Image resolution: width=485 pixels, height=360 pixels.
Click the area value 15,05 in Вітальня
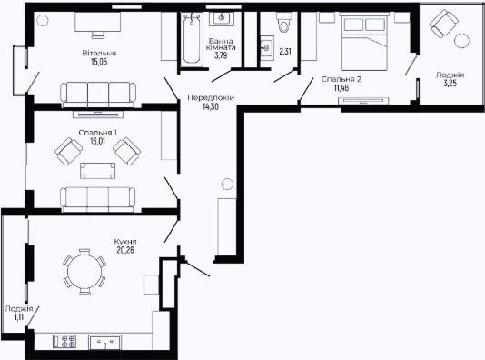click(99, 62)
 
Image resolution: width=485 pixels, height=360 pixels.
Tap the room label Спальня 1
click(98, 133)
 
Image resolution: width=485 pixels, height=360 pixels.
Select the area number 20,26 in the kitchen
click(125, 250)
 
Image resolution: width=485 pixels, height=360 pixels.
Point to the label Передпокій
click(211, 98)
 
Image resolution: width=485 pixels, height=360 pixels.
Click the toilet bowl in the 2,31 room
click(283, 23)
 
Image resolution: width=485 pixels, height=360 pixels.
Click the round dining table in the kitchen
click(84, 272)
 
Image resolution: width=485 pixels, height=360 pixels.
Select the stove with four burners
click(64, 342)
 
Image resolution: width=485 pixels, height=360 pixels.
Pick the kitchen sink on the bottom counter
click(104, 343)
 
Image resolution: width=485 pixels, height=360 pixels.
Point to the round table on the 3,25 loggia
click(461, 40)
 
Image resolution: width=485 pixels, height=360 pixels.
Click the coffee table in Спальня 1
click(98, 171)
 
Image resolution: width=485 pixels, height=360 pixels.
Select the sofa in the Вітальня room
click(98, 95)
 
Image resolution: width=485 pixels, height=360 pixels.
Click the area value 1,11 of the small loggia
click(19, 317)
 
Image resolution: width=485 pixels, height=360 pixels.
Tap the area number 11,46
click(341, 88)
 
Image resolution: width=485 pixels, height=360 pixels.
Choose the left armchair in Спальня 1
click(68, 152)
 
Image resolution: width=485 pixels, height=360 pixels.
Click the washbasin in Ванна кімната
click(222, 18)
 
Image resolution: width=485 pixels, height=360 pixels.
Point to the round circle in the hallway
click(227, 185)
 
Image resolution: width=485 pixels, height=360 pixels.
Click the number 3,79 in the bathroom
click(221, 55)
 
